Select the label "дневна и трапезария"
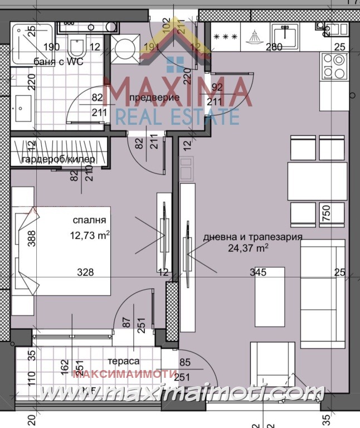pos(253,236)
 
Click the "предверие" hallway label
pos(154,98)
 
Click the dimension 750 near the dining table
pos(327,212)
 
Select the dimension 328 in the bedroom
pos(85,273)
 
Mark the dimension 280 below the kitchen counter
pos(274,47)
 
